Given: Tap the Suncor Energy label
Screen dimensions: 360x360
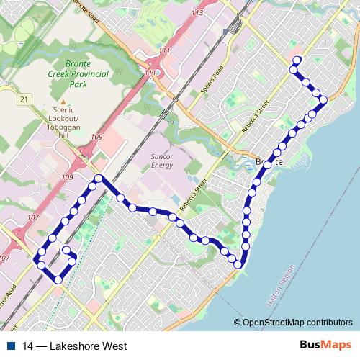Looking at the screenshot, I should pos(162,161).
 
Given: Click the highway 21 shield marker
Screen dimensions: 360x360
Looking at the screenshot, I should pos(24,99).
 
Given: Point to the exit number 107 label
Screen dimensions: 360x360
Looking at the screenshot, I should pos(5,258).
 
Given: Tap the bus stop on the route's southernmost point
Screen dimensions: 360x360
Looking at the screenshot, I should pos(58,280).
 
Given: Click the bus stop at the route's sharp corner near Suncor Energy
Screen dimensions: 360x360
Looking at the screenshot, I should pos(98,178).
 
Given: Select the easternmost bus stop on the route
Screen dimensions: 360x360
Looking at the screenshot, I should pos(323,99).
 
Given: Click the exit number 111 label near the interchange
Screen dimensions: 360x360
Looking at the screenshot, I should pos(166,51).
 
